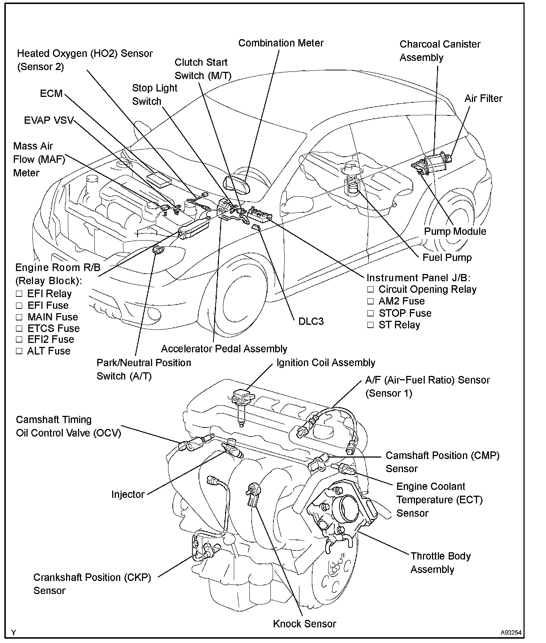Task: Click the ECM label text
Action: pyautogui.click(x=51, y=94)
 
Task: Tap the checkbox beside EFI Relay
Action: pyautogui.click(x=19, y=294)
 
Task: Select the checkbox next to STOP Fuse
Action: pyautogui.click(x=370, y=314)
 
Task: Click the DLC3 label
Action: pyautogui.click(x=311, y=321)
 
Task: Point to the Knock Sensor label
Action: pyautogui.click(x=305, y=624)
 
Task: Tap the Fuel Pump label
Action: pyautogui.click(x=447, y=258)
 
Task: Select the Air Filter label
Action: pyautogui.click(x=483, y=99)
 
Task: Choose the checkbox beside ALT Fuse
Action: pyautogui.click(x=19, y=351)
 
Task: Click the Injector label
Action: pyautogui.click(x=128, y=494)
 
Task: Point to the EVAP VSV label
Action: pyautogui.click(x=49, y=120)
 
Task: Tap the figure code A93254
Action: pyautogui.click(x=511, y=632)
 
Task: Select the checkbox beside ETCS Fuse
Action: pyautogui.click(x=19, y=328)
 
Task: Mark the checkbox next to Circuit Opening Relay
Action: pyautogui.click(x=370, y=290)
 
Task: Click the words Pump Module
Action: pyautogui.click(x=455, y=232)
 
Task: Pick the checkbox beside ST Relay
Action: pyautogui.click(x=370, y=325)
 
